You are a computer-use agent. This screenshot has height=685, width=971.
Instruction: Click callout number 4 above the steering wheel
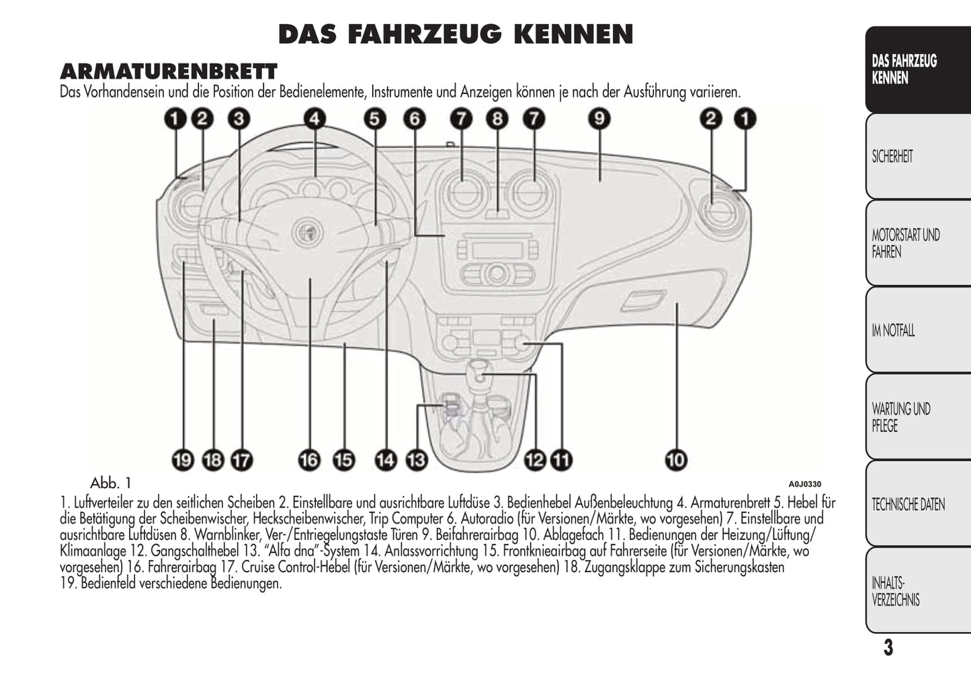tap(314, 119)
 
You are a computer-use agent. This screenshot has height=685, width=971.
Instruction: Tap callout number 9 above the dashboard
tap(599, 119)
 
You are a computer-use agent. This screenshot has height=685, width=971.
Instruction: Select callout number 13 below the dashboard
tap(417, 460)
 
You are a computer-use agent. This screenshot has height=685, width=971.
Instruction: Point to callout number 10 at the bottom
tap(676, 460)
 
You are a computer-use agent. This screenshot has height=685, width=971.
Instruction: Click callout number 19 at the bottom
tap(183, 460)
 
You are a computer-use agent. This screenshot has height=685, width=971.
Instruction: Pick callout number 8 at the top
tap(497, 119)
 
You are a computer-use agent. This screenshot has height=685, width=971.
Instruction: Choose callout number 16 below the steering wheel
tap(310, 460)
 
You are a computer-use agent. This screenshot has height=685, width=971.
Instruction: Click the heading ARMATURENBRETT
tap(169, 71)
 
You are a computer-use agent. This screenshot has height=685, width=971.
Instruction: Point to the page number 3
tap(888, 648)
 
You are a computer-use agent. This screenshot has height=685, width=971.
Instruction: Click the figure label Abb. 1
tap(110, 483)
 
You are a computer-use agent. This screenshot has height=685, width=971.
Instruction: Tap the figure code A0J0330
tap(804, 484)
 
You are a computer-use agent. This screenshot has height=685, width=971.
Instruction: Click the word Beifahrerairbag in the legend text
tap(476, 535)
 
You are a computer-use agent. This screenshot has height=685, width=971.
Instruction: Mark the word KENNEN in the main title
tap(573, 34)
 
